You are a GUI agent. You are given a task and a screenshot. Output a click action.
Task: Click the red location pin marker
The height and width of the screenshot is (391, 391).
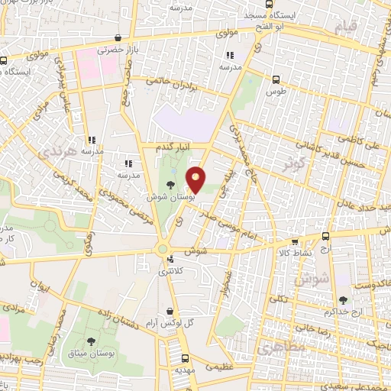click(196, 179)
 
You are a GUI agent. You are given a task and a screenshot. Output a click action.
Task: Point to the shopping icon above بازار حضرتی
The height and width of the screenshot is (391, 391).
click(117, 37)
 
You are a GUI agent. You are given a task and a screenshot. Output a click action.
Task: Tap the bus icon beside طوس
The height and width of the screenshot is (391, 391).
click(276, 79)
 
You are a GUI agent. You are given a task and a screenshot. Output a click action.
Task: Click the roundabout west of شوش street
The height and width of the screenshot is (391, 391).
click(163, 249)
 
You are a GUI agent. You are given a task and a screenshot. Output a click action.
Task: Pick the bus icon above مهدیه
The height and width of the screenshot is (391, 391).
click(185, 359)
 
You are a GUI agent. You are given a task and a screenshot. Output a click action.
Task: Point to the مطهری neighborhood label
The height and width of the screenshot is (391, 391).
click(280, 347)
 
